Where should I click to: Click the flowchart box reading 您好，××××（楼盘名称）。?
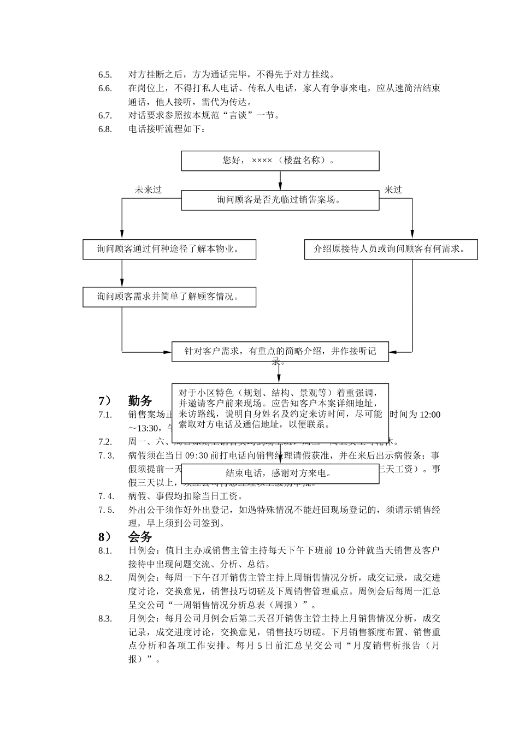tap(280, 161)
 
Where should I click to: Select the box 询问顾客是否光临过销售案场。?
tap(280, 200)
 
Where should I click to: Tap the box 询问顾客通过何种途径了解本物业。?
tap(169, 249)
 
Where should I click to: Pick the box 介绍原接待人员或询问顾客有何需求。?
tap(391, 249)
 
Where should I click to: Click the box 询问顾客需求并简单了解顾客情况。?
tap(169, 297)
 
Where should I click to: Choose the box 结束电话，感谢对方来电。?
tap(280, 473)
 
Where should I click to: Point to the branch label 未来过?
tap(149, 190)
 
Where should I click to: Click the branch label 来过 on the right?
tap(393, 190)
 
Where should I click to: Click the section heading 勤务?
tap(140, 400)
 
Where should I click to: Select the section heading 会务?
tap(140, 536)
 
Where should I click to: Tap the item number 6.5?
tap(105, 75)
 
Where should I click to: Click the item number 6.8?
tap(105, 129)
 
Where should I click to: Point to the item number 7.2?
tap(105, 442)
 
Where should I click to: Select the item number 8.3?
tap(105, 619)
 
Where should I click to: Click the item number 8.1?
tap(105, 550)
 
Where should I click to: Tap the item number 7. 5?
tap(106, 510)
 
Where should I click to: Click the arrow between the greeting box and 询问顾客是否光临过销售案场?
tap(280, 180)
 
